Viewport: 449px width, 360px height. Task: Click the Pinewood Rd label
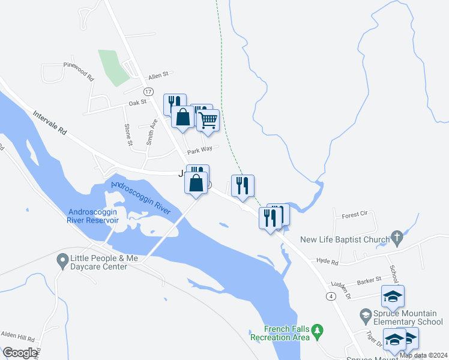click(x=79, y=71)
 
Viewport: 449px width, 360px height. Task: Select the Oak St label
click(x=139, y=103)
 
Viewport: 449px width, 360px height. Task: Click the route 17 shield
click(x=148, y=91)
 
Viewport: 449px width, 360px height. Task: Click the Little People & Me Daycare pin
click(x=62, y=260)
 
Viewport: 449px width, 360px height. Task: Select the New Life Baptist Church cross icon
click(x=397, y=238)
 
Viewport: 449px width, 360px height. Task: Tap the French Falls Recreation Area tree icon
click(x=318, y=330)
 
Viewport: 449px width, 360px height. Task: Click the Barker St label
click(x=369, y=280)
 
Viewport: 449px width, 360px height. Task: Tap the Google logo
click(x=20, y=353)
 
